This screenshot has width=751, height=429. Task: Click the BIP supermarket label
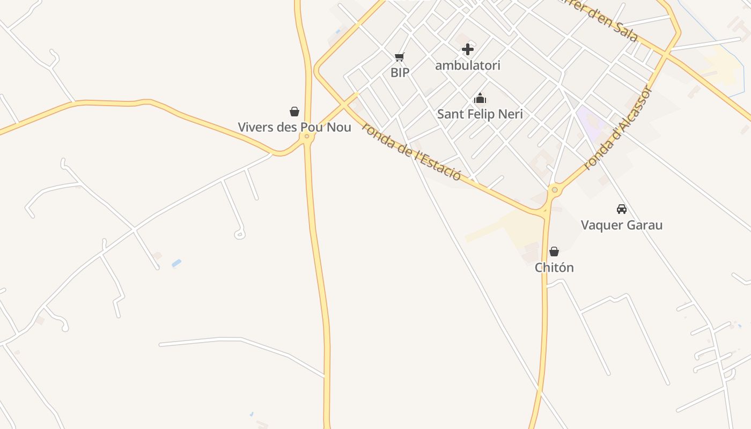[x=400, y=73]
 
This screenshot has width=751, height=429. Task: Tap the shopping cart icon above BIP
[x=399, y=57]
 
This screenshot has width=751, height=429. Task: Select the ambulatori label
[x=468, y=65]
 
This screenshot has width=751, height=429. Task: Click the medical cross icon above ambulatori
[x=468, y=50]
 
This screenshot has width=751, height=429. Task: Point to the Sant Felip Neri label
[x=480, y=114]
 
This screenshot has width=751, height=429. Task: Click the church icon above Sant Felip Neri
[x=480, y=98]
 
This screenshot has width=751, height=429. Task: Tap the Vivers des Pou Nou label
[x=294, y=127]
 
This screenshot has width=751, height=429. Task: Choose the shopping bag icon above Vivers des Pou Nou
[x=294, y=112]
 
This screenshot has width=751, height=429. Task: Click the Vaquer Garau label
[x=622, y=225]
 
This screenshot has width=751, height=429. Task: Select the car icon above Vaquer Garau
[x=622, y=209]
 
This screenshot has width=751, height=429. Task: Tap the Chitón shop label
[x=554, y=267]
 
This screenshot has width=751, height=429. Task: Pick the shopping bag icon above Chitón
[x=554, y=252]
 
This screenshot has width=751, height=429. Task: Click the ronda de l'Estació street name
[x=411, y=151]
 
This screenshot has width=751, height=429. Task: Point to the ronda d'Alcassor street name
[x=618, y=129]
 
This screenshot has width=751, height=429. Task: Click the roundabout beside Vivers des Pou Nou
[x=307, y=136]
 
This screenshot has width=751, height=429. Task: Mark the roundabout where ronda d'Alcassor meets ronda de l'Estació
[x=555, y=190]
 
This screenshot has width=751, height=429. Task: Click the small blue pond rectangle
[x=176, y=263]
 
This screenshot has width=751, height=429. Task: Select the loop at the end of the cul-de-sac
[x=240, y=234]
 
